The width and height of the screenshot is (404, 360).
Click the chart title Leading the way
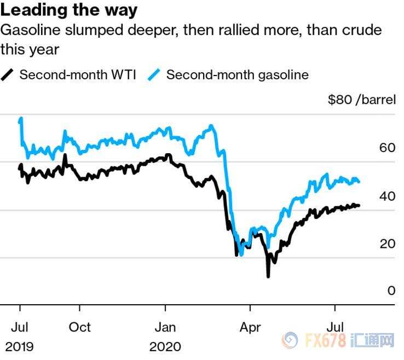click(x=69, y=10)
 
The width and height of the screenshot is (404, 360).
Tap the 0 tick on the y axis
click(x=391, y=291)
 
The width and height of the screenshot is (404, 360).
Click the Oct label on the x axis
click(x=80, y=327)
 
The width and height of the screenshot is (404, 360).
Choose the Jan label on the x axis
click(x=165, y=327)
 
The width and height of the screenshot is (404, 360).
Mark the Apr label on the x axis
click(x=250, y=327)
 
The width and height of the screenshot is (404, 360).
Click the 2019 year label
click(x=20, y=346)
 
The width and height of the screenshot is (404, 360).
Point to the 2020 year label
click(x=165, y=346)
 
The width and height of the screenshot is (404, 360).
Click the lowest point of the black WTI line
click(x=268, y=276)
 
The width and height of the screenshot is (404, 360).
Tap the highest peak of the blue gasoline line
click(x=21, y=118)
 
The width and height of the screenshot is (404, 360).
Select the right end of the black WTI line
click(x=359, y=206)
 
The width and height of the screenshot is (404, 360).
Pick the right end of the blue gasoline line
click(x=359, y=182)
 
